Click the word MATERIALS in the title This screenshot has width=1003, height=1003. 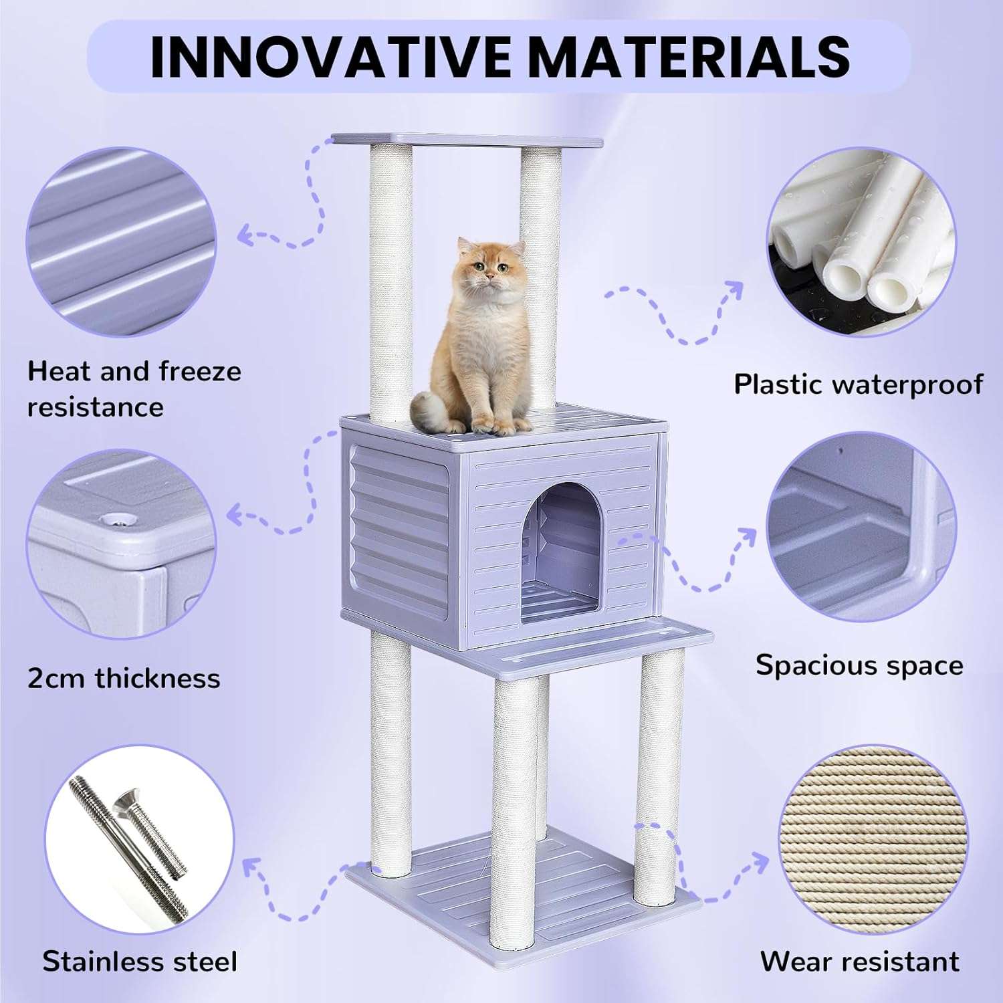coord(689,57)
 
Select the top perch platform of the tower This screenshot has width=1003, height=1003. coord(468,140)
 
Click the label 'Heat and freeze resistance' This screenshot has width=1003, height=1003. coord(134,388)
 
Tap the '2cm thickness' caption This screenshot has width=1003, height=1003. coord(124,678)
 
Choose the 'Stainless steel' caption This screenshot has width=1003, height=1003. coord(140,962)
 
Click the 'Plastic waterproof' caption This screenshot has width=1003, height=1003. coord(858,384)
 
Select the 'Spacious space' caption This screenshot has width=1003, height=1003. coord(859,665)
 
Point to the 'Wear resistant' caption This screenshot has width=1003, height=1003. coord(859,962)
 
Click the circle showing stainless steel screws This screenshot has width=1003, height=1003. coord(139,839)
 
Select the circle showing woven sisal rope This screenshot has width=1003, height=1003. coord(873,839)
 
